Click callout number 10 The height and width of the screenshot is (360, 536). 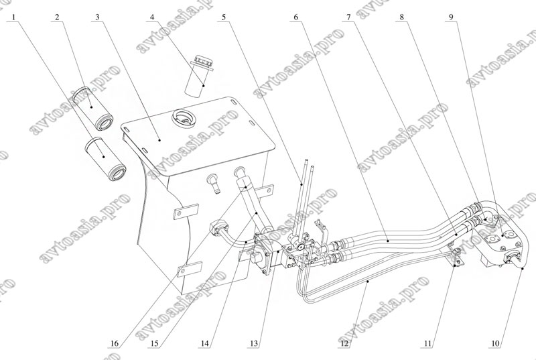[495, 345]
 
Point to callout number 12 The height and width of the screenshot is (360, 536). [344, 345]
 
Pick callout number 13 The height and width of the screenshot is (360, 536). [254, 345]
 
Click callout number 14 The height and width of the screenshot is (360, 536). [205, 345]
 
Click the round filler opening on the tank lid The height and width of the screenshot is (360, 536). [183, 119]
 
